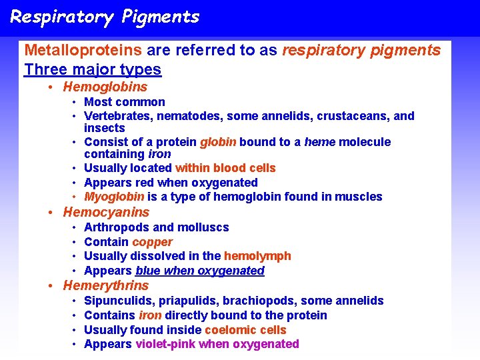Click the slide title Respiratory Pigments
(105, 17)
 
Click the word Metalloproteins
(83, 50)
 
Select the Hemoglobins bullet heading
(105, 87)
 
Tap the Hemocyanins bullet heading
(106, 212)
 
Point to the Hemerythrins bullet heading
(106, 285)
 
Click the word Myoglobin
(114, 197)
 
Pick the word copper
(152, 242)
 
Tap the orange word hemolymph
(257, 256)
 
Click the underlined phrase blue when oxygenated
(200, 271)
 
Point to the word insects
(104, 128)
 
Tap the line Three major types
(93, 69)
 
